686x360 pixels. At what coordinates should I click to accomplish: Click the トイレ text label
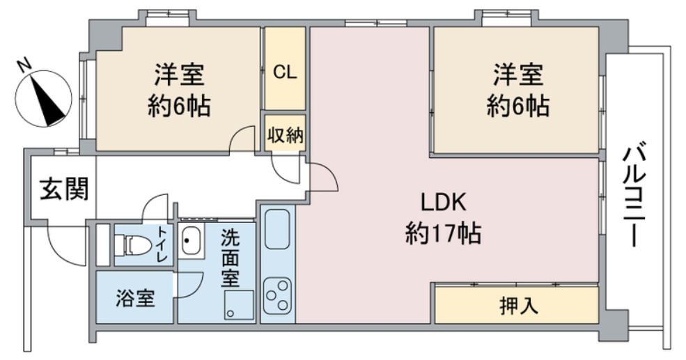click(x=162, y=244)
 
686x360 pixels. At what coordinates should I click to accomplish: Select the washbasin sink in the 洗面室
click(x=190, y=242)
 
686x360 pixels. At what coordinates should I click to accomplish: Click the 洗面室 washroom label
click(x=231, y=257)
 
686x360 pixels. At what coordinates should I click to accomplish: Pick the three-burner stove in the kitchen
click(x=277, y=297)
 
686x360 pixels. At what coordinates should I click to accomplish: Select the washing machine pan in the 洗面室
click(x=239, y=305)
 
